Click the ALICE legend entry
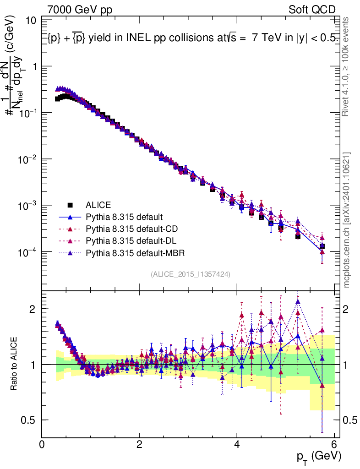coord(98,204)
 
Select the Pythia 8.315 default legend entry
coord(124,217)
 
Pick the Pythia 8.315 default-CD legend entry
coord(130,229)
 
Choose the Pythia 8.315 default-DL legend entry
coord(130,240)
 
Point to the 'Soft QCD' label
coord(312,10)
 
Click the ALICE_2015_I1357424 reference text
coord(190,274)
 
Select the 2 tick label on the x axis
coord(139,444)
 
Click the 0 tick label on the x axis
coord(42,444)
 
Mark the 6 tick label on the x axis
coord(334,444)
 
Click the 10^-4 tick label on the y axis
coord(27,252)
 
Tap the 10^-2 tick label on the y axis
coord(27,160)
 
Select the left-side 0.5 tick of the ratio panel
coord(31,420)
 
